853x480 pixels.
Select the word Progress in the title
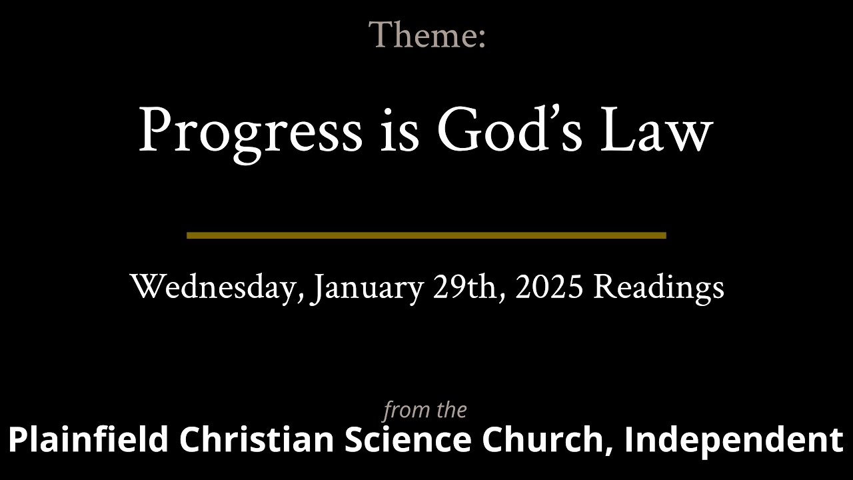(x=250, y=131)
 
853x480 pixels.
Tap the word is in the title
(x=400, y=131)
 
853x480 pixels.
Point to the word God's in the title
(x=510, y=131)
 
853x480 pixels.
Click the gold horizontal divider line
(x=426, y=235)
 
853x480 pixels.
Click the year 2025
(x=549, y=287)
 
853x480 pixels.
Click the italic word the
(x=450, y=410)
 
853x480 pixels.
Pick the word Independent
(x=734, y=441)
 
